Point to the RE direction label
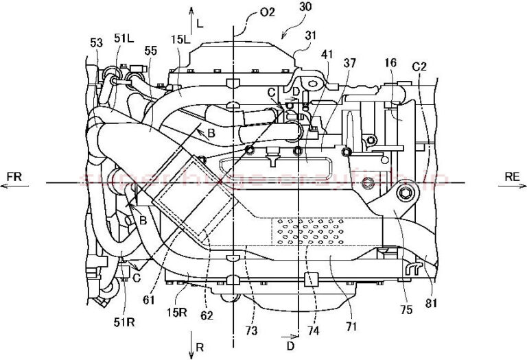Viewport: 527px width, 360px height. click(511, 177)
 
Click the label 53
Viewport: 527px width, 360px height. click(97, 43)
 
